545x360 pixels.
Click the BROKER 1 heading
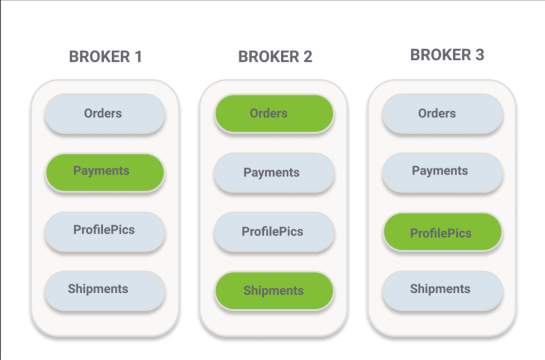tap(105, 57)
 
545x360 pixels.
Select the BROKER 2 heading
tap(275, 57)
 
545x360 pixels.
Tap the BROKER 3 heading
tap(447, 55)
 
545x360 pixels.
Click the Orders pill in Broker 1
tap(105, 114)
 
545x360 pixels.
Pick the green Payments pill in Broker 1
tap(105, 172)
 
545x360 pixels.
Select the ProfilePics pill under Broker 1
tap(105, 231)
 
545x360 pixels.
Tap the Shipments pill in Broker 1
tap(105, 290)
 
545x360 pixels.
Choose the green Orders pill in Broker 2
tap(274, 114)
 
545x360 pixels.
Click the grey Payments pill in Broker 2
tap(274, 173)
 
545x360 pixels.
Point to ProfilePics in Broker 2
tap(274, 232)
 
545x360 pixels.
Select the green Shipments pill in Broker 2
tap(274, 291)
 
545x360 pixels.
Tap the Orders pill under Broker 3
tap(442, 114)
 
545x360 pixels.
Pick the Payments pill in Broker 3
tap(442, 172)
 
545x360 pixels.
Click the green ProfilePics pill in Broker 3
tap(442, 232)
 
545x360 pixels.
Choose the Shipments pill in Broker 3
tap(442, 290)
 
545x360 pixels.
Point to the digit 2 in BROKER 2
tap(307, 57)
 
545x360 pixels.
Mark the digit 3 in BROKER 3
tap(479, 55)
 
